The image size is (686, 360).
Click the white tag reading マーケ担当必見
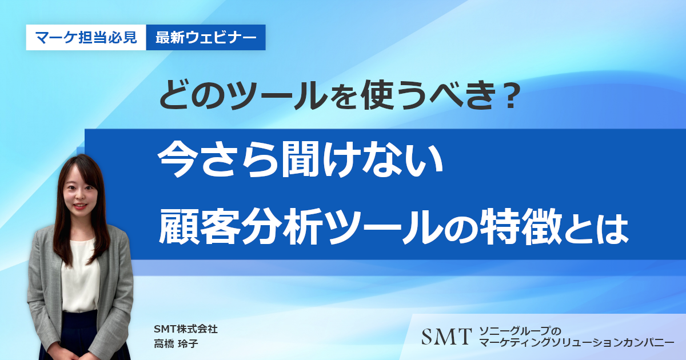click(86, 37)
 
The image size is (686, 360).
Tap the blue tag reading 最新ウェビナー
click(206, 37)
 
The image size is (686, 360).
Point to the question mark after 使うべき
click(510, 95)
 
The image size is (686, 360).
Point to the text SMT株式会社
click(186, 329)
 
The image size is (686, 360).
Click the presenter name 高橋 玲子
click(176, 343)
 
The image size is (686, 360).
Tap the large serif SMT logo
click(446, 337)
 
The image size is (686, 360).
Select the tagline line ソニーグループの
click(520, 331)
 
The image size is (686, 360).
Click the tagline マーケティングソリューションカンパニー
click(577, 342)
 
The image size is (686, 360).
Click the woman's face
click(79, 194)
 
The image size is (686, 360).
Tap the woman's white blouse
click(80, 275)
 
